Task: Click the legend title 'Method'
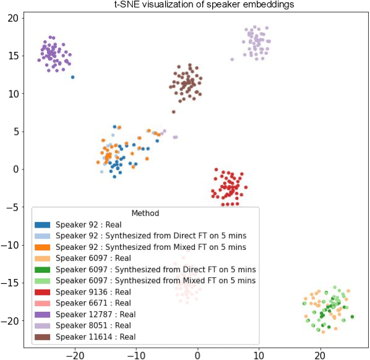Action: tap(145, 213)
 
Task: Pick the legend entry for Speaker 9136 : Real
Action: tap(93, 292)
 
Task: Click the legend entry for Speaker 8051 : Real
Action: tap(93, 325)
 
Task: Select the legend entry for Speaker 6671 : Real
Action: tap(93, 303)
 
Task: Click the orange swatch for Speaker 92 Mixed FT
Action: tap(43, 247)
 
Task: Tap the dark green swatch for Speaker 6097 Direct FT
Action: tap(43, 270)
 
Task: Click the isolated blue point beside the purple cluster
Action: tap(72, 77)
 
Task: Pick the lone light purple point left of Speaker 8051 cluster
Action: tap(232, 59)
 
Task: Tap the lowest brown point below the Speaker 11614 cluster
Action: tap(173, 112)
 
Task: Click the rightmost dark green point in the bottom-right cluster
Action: tap(352, 317)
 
